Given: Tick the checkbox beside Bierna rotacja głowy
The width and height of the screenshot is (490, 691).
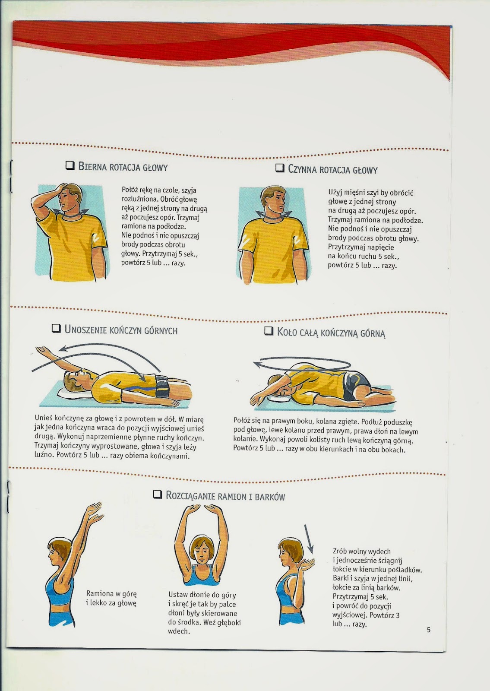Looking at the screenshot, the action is click(70, 166).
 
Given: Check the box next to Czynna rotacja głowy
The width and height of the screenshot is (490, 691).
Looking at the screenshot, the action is click(280, 168).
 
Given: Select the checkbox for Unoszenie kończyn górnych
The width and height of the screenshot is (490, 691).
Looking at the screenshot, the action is click(56, 329).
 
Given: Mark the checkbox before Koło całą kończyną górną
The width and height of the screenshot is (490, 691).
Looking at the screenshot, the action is click(269, 331).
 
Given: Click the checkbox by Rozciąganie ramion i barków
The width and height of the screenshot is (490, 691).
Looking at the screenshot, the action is click(158, 495).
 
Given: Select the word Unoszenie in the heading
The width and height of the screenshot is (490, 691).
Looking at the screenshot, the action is click(86, 330).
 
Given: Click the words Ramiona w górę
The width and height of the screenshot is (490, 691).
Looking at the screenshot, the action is click(111, 593).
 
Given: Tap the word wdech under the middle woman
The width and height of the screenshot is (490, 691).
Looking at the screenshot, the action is click(179, 631).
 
